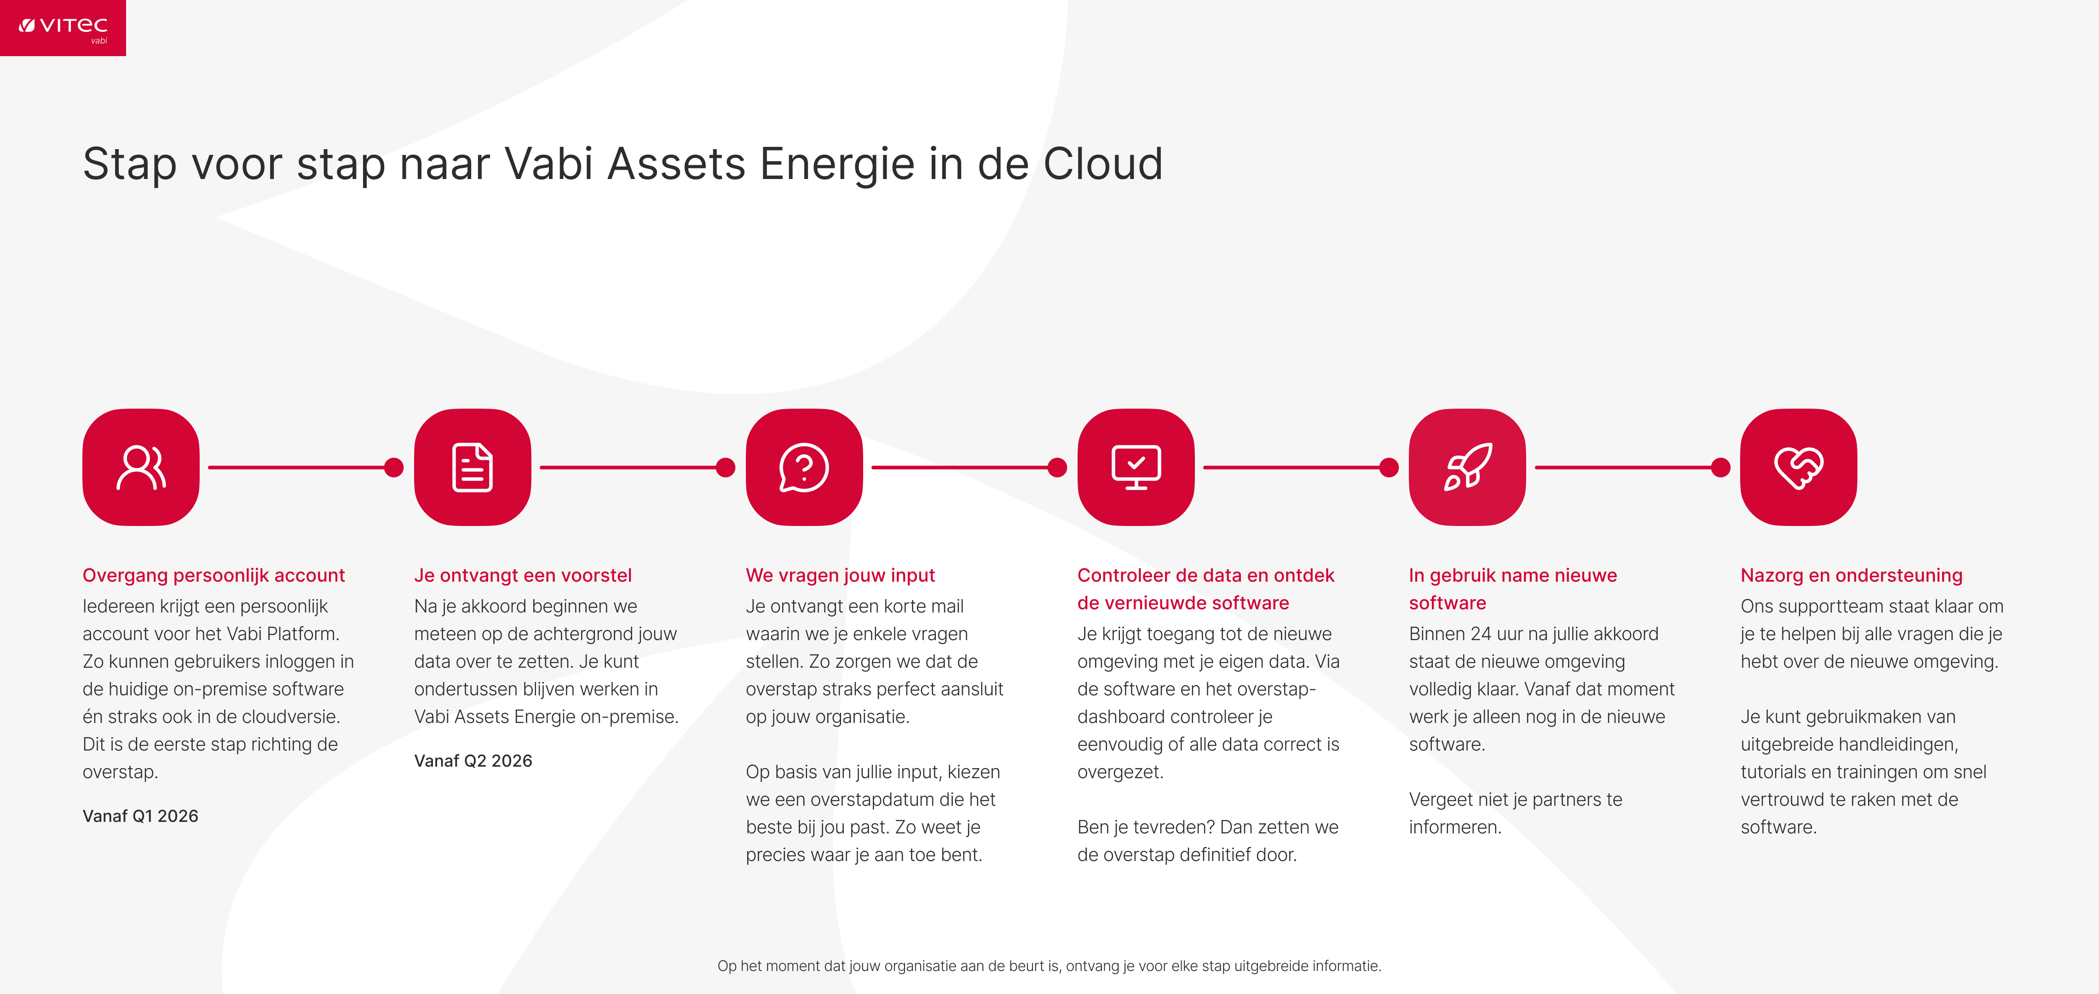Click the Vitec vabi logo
(x=63, y=28)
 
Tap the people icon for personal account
(x=141, y=467)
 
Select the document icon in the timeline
(x=473, y=467)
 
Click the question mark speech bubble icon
(x=804, y=467)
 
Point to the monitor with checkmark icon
(x=1136, y=467)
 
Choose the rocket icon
(x=1468, y=467)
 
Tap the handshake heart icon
(x=1799, y=467)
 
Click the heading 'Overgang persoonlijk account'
(x=213, y=575)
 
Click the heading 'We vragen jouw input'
(x=840, y=575)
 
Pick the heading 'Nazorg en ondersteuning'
(x=1851, y=575)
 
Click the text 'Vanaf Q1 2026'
(x=140, y=815)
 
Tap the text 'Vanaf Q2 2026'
(x=473, y=760)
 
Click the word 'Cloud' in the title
(x=1103, y=164)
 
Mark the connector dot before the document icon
(x=393, y=467)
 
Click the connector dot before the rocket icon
(x=1389, y=467)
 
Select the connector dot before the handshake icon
(x=1721, y=467)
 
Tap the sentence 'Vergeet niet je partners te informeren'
(x=1516, y=813)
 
